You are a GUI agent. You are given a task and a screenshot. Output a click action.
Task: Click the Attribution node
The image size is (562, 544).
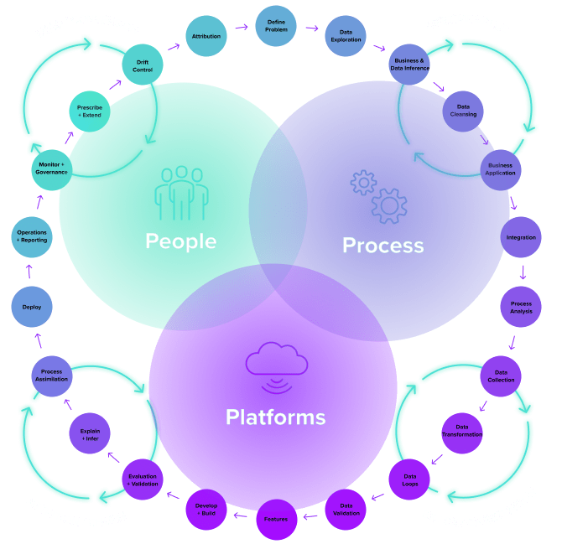tap(206, 37)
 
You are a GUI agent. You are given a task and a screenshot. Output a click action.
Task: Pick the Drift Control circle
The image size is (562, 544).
tap(143, 65)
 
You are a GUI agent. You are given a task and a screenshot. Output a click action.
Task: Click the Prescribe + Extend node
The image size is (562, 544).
tap(90, 111)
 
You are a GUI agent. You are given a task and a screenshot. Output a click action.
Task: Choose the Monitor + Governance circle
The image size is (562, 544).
tap(52, 169)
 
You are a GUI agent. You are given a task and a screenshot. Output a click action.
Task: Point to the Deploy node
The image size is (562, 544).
tap(32, 307)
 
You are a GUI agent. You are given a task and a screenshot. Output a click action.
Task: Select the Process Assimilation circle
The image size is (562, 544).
tap(52, 376)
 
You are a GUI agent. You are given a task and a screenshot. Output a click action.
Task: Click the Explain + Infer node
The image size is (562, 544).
tap(90, 434)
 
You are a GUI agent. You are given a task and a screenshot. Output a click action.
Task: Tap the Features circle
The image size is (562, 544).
tap(276, 519)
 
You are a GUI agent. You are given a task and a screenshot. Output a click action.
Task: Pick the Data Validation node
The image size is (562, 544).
tap(345, 509)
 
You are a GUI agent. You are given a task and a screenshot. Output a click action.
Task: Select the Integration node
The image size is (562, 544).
tap(521, 237)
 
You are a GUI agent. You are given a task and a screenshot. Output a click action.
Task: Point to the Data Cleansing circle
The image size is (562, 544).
tap(462, 111)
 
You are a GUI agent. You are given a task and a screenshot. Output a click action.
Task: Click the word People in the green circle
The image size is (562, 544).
tap(180, 241)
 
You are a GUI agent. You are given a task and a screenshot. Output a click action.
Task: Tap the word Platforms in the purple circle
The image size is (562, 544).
tap(275, 417)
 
